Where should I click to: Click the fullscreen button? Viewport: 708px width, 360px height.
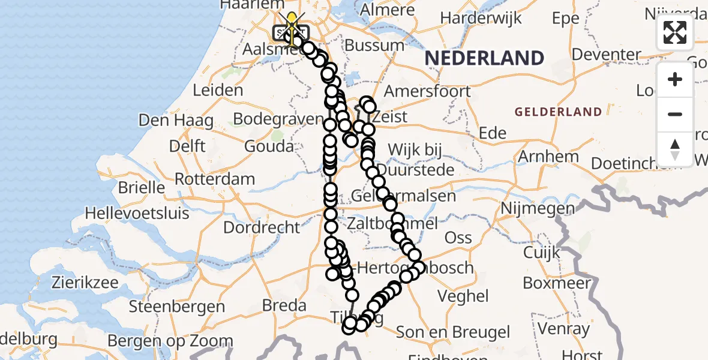675,32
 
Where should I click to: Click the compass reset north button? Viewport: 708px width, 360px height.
675,149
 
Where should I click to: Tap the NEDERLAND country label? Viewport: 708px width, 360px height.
485,58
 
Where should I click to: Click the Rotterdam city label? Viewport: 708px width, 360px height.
215,179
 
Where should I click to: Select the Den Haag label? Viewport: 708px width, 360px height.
176,120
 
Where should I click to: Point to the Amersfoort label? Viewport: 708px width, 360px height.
427,91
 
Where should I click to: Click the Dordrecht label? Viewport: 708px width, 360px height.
262,227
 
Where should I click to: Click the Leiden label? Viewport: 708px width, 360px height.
218,91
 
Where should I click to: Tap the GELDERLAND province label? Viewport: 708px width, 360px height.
558,112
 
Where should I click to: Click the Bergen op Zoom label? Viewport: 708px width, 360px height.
170,341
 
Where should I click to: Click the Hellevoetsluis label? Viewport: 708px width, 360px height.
137,213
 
